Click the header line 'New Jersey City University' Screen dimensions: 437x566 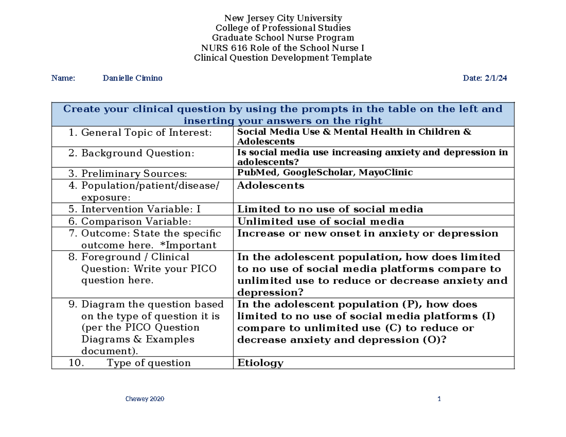(x=283, y=18)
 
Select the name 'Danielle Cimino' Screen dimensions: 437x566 (x=132, y=78)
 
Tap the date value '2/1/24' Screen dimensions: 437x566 (x=495, y=78)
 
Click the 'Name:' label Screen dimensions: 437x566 (x=63, y=78)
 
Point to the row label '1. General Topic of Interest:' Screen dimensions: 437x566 (x=140, y=133)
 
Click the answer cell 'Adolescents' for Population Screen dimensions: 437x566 (x=270, y=186)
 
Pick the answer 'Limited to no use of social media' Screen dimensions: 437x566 (x=330, y=209)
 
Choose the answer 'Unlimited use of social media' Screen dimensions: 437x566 (x=320, y=222)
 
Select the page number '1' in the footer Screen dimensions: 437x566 (x=439, y=399)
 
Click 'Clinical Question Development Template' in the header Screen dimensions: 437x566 (x=283, y=58)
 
